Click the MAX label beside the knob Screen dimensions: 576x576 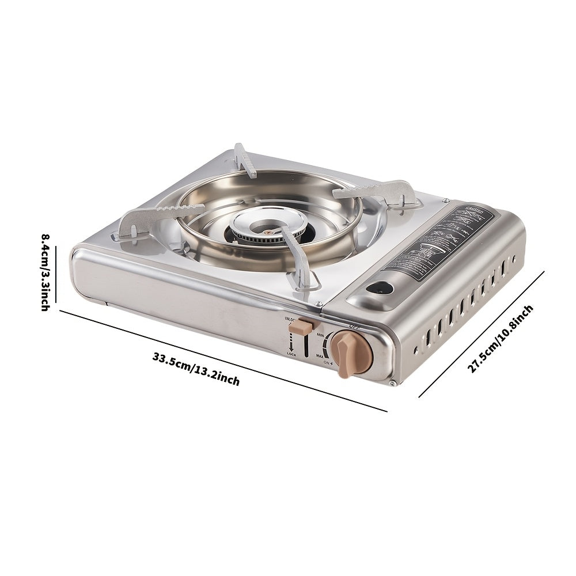click(320, 357)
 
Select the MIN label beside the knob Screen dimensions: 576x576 click(320, 335)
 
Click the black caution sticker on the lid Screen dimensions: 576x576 click(438, 240)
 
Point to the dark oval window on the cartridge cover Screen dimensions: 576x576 click(380, 286)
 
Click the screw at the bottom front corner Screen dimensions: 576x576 click(392, 383)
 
